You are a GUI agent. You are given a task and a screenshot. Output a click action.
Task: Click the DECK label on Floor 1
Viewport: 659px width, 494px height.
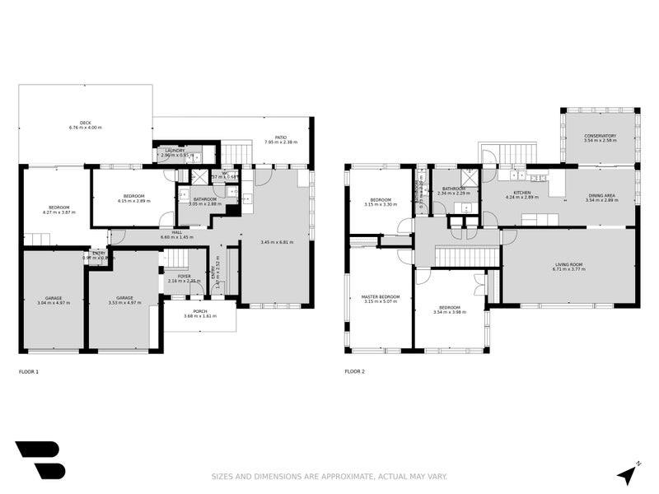(86, 122)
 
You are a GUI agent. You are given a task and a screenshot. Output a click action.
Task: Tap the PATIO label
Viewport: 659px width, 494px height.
(280, 137)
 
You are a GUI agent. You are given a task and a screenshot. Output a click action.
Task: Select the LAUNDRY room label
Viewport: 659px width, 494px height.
(175, 150)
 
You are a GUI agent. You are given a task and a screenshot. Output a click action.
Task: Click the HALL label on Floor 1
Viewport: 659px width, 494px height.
(176, 232)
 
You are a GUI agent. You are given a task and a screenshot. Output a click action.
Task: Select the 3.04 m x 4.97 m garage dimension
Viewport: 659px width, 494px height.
(54, 303)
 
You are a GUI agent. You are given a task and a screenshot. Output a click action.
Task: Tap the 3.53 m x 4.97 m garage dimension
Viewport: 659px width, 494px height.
(124, 303)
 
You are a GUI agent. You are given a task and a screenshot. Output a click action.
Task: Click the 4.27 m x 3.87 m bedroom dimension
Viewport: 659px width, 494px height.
(58, 212)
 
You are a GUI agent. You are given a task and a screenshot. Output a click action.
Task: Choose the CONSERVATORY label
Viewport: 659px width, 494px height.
(600, 136)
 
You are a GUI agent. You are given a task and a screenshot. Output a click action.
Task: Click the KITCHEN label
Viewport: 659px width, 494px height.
(521, 193)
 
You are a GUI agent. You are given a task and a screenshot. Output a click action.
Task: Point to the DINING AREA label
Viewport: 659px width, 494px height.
(601, 195)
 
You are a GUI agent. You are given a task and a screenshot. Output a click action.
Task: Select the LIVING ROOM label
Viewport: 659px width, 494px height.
(569, 263)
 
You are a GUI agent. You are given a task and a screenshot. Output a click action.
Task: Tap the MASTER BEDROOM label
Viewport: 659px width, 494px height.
(380, 296)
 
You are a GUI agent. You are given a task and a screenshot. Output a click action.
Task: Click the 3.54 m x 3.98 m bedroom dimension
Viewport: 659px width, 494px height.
(449, 312)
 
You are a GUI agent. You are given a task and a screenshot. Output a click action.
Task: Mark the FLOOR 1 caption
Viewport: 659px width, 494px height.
(29, 371)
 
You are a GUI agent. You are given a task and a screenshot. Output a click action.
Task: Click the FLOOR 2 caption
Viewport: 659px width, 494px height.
(354, 371)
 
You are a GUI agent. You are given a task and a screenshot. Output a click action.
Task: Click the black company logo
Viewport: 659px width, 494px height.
(39, 459)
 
